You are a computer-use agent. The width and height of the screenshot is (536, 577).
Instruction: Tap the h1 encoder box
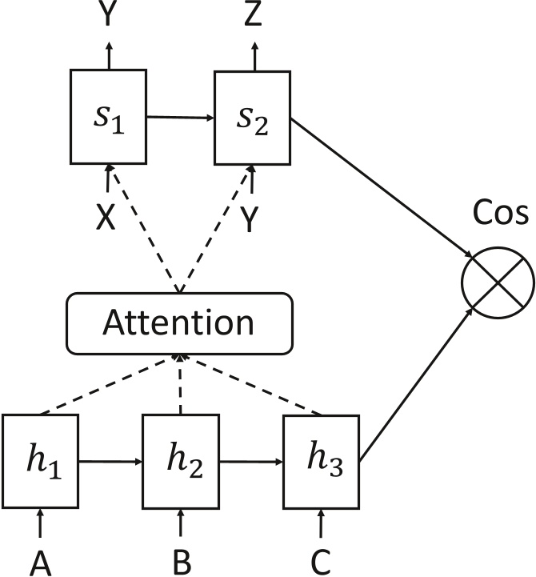pos(40,463)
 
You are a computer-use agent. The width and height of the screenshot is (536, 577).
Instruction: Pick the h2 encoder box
pos(181,463)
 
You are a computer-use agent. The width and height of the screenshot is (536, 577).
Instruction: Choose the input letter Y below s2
pos(250,220)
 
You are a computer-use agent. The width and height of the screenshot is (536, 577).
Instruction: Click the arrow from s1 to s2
pos(180,118)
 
